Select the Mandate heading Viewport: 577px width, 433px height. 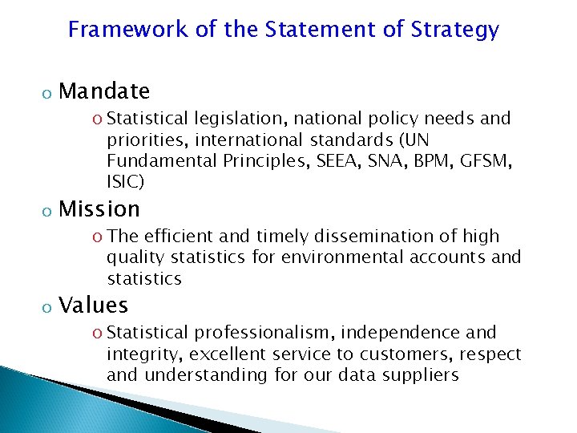click(x=104, y=91)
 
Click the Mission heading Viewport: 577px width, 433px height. click(x=99, y=209)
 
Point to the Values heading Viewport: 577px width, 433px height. click(x=94, y=306)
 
